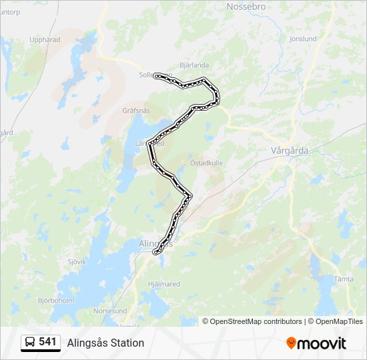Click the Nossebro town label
(246, 7)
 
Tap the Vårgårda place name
(290, 151)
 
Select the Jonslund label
(303, 39)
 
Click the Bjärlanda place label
(195, 65)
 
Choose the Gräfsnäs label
(137, 111)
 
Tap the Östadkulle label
(206, 162)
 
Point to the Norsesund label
(111, 311)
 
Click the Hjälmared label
(163, 283)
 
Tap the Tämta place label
(344, 279)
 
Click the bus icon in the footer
(31, 343)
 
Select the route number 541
(47, 342)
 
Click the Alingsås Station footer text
(105, 343)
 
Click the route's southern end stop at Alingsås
(156, 253)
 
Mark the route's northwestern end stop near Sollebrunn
(157, 76)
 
